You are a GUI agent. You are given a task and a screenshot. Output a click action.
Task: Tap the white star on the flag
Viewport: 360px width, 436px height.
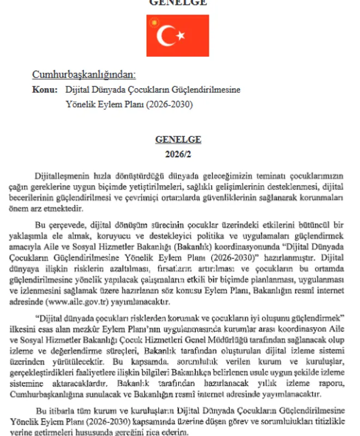(181, 36)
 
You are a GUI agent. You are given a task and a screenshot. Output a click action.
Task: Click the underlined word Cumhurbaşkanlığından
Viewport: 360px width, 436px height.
(83, 75)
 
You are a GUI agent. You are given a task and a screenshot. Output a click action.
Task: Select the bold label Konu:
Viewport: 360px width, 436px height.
(45, 89)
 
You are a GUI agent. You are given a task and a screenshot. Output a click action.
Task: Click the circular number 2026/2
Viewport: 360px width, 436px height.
(178, 154)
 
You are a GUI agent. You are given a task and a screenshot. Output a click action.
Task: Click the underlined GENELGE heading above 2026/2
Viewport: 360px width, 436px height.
(178, 140)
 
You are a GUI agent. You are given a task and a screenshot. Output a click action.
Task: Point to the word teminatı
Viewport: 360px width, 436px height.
(259, 177)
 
